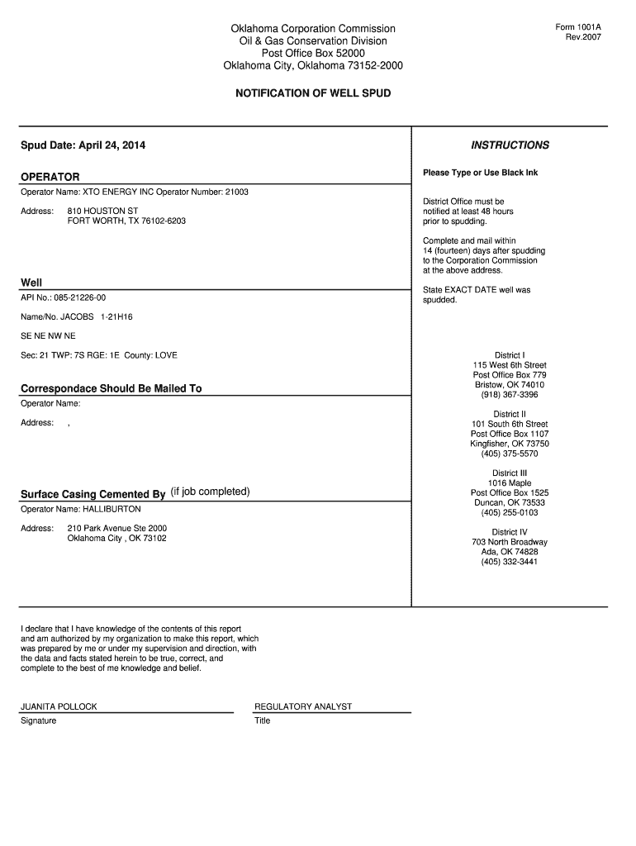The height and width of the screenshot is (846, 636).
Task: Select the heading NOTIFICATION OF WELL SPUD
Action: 313,93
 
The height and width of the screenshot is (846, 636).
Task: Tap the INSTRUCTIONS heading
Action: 510,145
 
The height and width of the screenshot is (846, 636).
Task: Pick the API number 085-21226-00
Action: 79,297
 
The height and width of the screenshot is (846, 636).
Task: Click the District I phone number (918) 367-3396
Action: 510,395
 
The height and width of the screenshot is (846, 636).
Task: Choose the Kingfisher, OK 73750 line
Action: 510,444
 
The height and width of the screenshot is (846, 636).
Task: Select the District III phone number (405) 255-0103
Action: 510,513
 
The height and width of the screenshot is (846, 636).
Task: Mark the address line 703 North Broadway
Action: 510,542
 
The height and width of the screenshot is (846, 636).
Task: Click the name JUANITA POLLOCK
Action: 59,706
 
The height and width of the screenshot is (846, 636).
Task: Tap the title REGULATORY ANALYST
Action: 303,706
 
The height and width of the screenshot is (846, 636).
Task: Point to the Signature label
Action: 39,720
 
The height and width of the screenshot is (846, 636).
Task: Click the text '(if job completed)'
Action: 210,492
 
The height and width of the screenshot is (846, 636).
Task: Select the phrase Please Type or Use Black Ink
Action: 481,173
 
